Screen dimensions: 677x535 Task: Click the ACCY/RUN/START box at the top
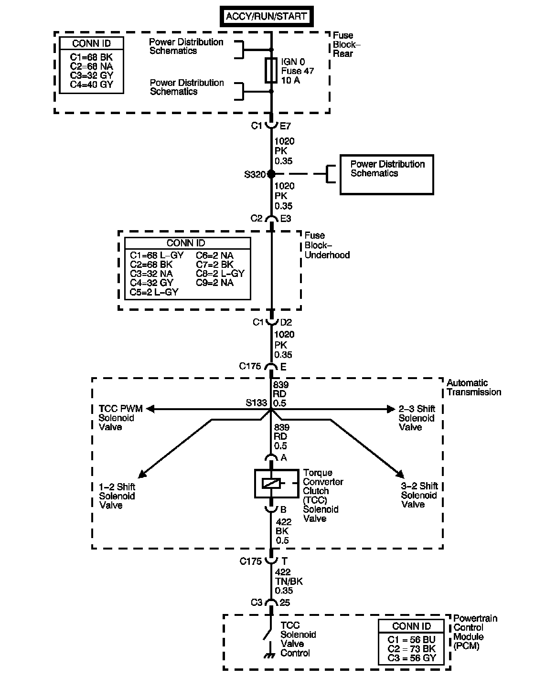point(267,17)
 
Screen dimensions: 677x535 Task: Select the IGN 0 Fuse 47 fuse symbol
point(271,70)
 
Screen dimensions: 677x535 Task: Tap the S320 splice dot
point(271,174)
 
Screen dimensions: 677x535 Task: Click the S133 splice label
point(256,403)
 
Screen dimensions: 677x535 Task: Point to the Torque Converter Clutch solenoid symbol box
point(271,484)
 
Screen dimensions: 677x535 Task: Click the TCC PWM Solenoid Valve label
point(117,418)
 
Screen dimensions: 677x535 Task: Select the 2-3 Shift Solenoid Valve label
point(417,418)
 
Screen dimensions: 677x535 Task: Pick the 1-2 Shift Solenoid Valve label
point(117,496)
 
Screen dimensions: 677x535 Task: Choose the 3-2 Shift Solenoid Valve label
point(419,495)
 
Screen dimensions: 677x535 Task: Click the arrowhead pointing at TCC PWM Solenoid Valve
point(151,409)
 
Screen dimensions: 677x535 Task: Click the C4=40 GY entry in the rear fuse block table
point(91,85)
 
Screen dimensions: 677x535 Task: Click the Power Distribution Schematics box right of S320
point(386,174)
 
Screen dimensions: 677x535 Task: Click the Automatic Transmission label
point(473,387)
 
